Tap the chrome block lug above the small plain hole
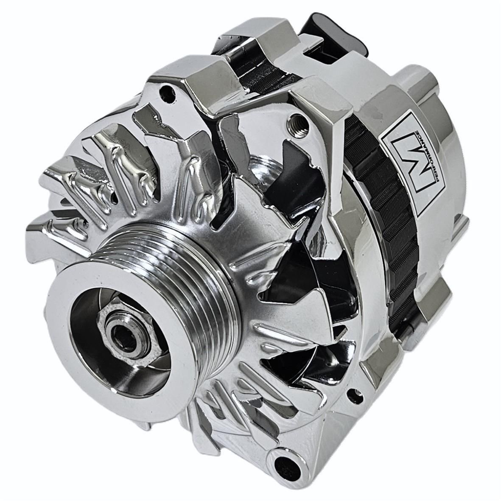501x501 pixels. point(191,70)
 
